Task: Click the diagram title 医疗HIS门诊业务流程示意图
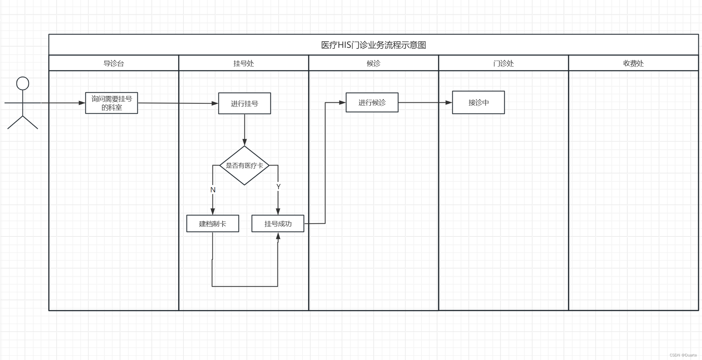pyautogui.click(x=373, y=45)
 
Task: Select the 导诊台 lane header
pyautogui.click(x=114, y=63)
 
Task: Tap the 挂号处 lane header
pyautogui.click(x=244, y=63)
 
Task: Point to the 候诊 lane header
pyautogui.click(x=374, y=63)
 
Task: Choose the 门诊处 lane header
pyautogui.click(x=503, y=63)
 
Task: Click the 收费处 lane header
pyautogui.click(x=633, y=63)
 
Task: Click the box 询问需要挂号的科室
pyautogui.click(x=112, y=103)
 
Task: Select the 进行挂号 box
pyautogui.click(x=245, y=103)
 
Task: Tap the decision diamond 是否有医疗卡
pyautogui.click(x=244, y=166)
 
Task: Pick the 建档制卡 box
pyautogui.click(x=212, y=223)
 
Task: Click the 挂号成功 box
pyautogui.click(x=278, y=223)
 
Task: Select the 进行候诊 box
pyautogui.click(x=372, y=103)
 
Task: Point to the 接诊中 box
pyautogui.click(x=478, y=103)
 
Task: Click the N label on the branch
pyautogui.click(x=213, y=190)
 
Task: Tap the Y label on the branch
pyautogui.click(x=278, y=187)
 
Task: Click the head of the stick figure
pyautogui.click(x=23, y=84)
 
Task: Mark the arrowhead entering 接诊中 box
pyautogui.click(x=449, y=103)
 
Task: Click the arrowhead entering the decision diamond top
pyautogui.click(x=245, y=142)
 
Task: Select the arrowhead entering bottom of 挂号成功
pyautogui.click(x=278, y=236)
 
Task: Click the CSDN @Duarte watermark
pyautogui.click(x=683, y=355)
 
